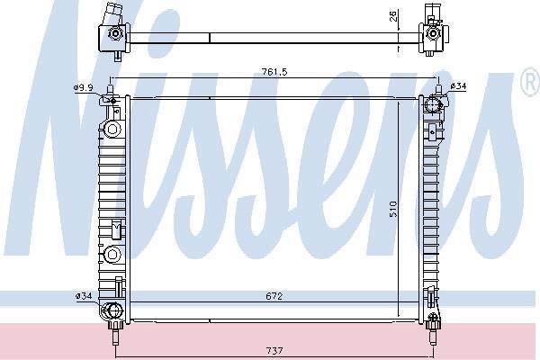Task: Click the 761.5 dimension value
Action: [x=274, y=72]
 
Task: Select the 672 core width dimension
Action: [x=274, y=296]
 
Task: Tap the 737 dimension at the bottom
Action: [x=274, y=351]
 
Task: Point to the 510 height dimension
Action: [x=393, y=209]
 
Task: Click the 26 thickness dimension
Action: [x=393, y=16]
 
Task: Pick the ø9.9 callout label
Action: [x=83, y=87]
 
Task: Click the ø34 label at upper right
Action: [x=458, y=85]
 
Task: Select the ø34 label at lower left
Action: [x=84, y=295]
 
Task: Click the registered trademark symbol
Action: [x=530, y=82]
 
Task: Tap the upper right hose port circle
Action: [x=432, y=104]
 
